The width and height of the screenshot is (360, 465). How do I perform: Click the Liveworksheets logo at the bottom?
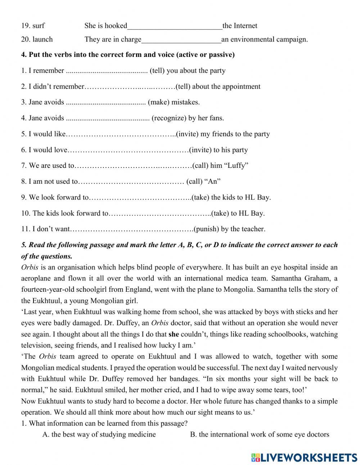(304, 457)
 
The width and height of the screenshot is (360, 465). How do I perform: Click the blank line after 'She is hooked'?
(175, 26)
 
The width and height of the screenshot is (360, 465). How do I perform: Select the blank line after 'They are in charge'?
(181, 40)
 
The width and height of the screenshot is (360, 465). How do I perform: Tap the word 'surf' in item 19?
(38, 26)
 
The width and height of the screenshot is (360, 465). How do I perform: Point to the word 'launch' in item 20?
(42, 40)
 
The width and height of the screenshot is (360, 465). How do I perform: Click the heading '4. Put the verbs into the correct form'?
(128, 55)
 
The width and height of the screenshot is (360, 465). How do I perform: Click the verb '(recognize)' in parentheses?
(168, 118)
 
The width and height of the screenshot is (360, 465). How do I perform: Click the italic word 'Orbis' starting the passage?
(30, 268)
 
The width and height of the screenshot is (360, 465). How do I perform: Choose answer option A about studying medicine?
(99, 434)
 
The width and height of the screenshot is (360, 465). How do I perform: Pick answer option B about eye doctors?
(259, 434)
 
